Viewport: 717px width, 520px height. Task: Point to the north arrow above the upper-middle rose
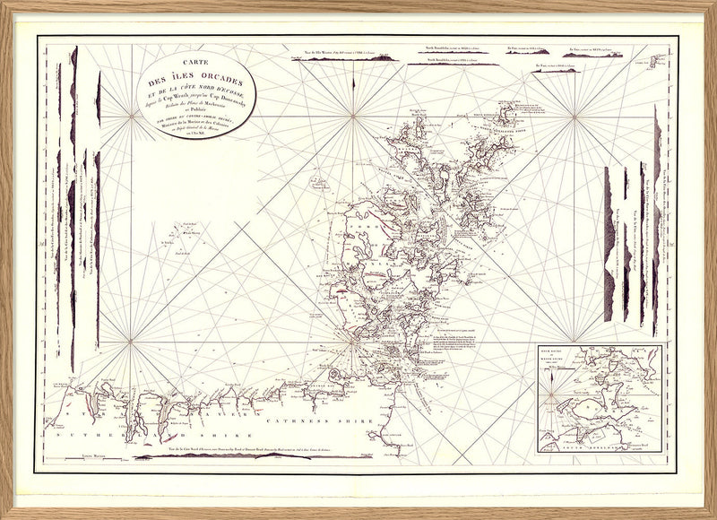(x=355, y=85)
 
